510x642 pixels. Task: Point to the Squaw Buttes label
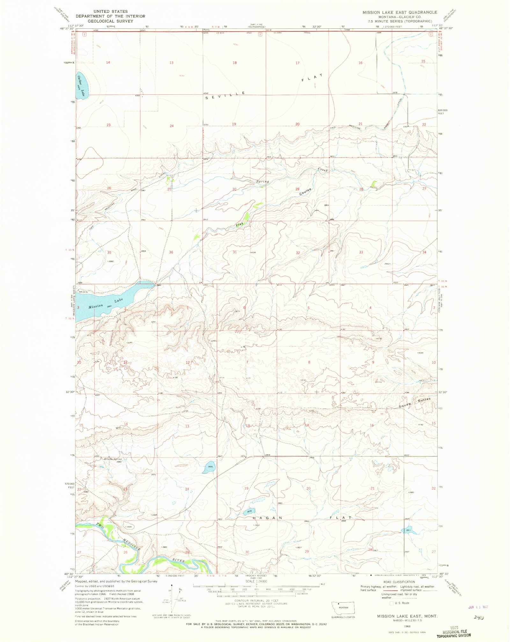[415, 403]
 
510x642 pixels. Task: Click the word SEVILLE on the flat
[225, 95]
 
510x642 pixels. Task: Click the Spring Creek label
[292, 176]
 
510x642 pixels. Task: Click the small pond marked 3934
[209, 467]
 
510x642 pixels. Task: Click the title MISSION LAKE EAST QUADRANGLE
[400, 12]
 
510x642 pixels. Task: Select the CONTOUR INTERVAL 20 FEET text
[256, 601]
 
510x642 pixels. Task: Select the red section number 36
[171, 252]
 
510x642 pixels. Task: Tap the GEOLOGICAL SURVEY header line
[110, 21]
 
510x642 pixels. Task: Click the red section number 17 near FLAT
[297, 63]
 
